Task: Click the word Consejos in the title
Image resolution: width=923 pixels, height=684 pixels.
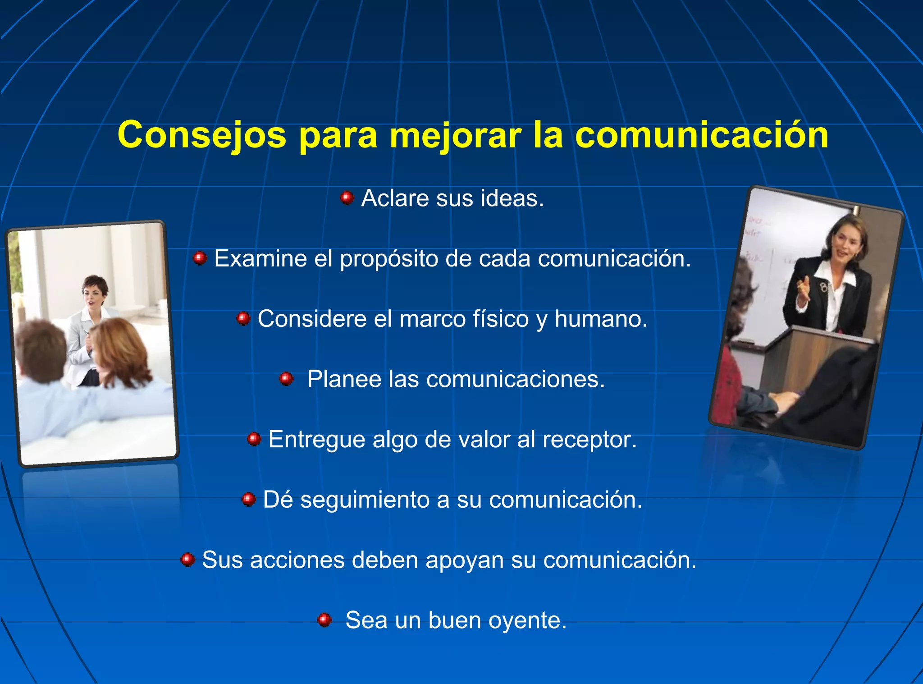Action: point(201,135)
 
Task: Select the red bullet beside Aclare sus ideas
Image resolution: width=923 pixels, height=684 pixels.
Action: point(347,197)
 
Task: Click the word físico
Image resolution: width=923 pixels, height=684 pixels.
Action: point(500,319)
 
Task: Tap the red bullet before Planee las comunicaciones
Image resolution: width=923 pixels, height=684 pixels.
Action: point(286,379)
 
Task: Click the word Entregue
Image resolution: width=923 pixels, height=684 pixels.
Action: point(316,440)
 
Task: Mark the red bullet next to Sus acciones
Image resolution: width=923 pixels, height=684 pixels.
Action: point(187,560)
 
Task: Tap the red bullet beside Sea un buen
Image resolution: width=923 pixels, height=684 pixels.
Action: point(324,620)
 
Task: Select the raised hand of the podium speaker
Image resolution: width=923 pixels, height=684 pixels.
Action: point(803,289)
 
